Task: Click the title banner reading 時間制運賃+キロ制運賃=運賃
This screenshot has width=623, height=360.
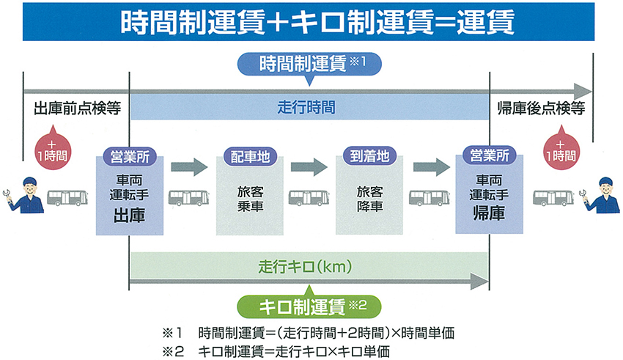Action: (311, 21)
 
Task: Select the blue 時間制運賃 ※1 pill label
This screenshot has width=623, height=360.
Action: (311, 64)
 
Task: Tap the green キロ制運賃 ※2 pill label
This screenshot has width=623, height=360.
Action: (311, 302)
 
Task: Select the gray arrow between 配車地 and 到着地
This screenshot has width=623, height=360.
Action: (309, 166)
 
